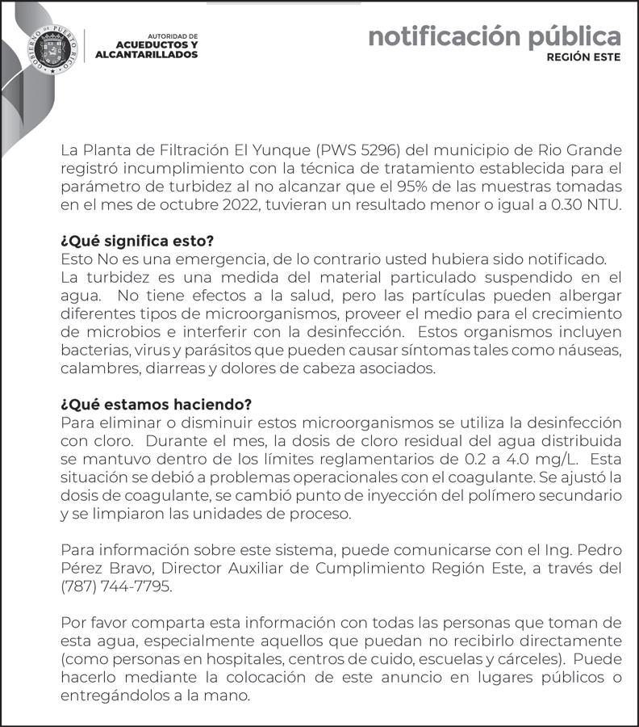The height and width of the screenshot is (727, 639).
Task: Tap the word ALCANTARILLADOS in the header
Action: pyautogui.click(x=146, y=55)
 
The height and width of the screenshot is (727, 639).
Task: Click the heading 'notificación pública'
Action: pyautogui.click(x=494, y=36)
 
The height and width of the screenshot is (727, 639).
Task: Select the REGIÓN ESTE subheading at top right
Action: pyautogui.click(x=583, y=58)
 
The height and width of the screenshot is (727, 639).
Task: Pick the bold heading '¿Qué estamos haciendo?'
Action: pyautogui.click(x=157, y=404)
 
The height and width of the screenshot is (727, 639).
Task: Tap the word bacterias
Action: pyautogui.click(x=90, y=350)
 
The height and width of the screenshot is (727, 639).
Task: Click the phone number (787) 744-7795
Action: pyautogui.click(x=116, y=586)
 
